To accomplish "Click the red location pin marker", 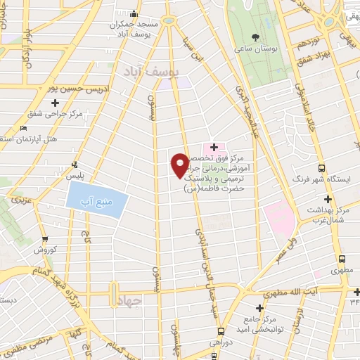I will pyautogui.click(x=181, y=165).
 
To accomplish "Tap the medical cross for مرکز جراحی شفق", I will pyautogui.click(x=55, y=103).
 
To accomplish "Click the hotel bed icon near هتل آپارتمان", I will pyautogui.click(x=24, y=128).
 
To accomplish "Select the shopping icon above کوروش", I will pyautogui.click(x=45, y=238).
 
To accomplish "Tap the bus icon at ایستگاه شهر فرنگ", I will pyautogui.click(x=321, y=169).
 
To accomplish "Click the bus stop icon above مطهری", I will pyautogui.click(x=342, y=259).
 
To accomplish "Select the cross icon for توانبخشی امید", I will pyautogui.click(x=260, y=309).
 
